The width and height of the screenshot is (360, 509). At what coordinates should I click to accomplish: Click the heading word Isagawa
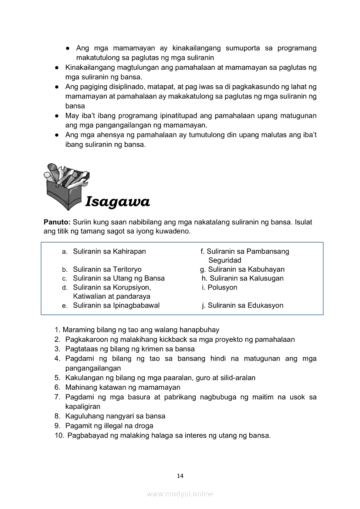point(118,202)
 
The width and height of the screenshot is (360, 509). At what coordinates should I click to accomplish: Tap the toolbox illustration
point(67,185)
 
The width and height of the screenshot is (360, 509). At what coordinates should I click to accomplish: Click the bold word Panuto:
point(57,222)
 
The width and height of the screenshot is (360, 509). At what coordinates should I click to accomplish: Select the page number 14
point(180,475)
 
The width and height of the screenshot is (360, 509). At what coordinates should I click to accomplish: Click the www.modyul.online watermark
point(180,494)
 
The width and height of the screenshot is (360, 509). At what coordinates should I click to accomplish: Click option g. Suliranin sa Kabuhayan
point(242,269)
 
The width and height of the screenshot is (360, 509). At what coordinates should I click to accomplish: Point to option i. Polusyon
point(220,287)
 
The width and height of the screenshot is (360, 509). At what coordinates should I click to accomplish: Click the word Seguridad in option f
point(224,260)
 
